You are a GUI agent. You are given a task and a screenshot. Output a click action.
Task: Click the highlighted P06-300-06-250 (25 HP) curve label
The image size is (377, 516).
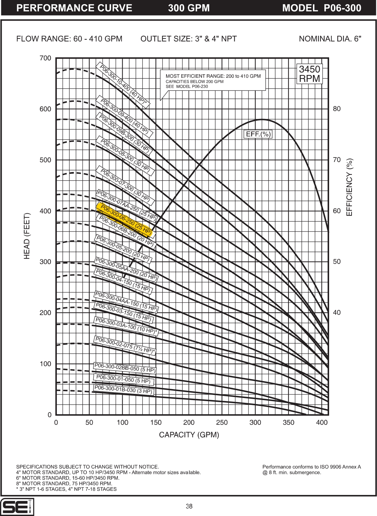pyautogui.click(x=126, y=220)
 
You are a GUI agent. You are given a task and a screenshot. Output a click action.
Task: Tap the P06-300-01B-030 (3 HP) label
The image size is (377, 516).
pyautogui.click(x=123, y=390)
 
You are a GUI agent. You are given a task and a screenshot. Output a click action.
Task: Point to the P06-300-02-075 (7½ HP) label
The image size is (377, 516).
pyautogui.click(x=125, y=345)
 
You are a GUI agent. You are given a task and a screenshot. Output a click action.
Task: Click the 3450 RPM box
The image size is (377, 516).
pyautogui.click(x=309, y=74)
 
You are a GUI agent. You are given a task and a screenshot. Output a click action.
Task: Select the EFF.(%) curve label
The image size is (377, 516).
pyautogui.click(x=258, y=134)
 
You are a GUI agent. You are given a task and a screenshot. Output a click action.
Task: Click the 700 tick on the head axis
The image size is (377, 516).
pyautogui.click(x=45, y=58)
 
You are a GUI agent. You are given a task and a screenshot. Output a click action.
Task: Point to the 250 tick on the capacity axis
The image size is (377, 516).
pyautogui.click(x=222, y=422)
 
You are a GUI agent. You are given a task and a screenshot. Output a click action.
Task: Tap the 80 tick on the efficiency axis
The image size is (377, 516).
pyautogui.click(x=337, y=109)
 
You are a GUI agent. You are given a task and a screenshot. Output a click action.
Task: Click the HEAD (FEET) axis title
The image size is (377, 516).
pyautogui.click(x=27, y=236)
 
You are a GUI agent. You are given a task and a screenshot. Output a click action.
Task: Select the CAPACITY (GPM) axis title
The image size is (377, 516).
pyautogui.click(x=189, y=435)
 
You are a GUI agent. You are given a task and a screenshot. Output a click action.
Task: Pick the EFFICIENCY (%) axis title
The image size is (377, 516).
pyautogui.click(x=349, y=187)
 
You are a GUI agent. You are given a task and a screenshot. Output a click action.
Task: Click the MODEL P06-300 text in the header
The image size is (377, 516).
pyautogui.click(x=322, y=8)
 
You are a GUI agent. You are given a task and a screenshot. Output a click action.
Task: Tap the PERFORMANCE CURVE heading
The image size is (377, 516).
pyautogui.click(x=74, y=8)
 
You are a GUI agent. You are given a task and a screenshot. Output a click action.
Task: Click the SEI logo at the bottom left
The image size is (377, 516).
pyautogui.click(x=17, y=507)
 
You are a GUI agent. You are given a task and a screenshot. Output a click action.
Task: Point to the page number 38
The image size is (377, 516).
pyautogui.click(x=189, y=506)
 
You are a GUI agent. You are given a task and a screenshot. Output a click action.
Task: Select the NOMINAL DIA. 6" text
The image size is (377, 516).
pyautogui.click(x=330, y=39)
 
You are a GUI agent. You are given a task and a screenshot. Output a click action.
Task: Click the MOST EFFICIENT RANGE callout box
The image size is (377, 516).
pyautogui.click(x=213, y=81)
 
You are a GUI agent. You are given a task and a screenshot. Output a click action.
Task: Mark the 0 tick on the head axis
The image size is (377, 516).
pyautogui.click(x=49, y=415)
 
